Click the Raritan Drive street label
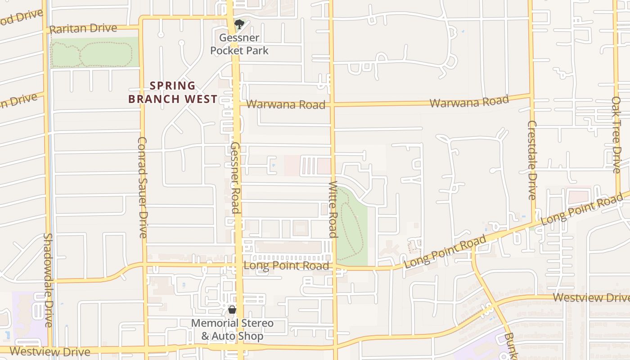pyautogui.click(x=83, y=29)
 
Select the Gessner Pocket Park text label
pyautogui.click(x=239, y=44)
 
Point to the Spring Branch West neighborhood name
pyautogui.click(x=173, y=92)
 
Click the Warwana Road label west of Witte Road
pyautogui.click(x=285, y=104)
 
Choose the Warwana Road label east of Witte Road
pyautogui.click(x=469, y=102)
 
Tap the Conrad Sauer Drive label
pyautogui.click(x=142, y=187)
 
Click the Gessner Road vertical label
pyautogui.click(x=235, y=177)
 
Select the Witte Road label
pyautogui.click(x=333, y=209)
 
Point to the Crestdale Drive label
pyautogui.click(x=532, y=160)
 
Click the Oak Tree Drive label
pyautogui.click(x=616, y=134)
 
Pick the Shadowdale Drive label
pyautogui.click(x=49, y=279)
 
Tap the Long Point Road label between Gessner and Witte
pyautogui.click(x=286, y=265)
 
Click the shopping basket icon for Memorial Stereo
pyautogui.click(x=232, y=310)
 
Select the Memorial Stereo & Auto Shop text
pyautogui.click(x=232, y=329)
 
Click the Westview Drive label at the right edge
pyautogui.click(x=591, y=297)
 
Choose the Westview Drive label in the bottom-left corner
pyautogui.click(x=49, y=351)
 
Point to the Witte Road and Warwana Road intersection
pyautogui.click(x=332, y=104)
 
